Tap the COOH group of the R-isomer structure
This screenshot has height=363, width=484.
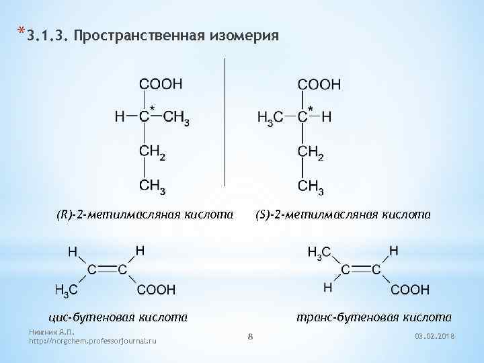click(x=161, y=84)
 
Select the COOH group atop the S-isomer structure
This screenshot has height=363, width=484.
click(x=319, y=85)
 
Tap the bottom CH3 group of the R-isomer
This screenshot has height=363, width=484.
click(x=153, y=186)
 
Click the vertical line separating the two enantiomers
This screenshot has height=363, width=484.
click(x=224, y=121)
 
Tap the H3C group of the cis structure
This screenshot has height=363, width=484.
click(x=66, y=290)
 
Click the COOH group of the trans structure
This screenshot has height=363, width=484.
click(x=410, y=290)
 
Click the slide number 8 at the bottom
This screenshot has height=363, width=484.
click(x=249, y=335)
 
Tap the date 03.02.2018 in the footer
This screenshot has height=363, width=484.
click(x=436, y=335)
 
